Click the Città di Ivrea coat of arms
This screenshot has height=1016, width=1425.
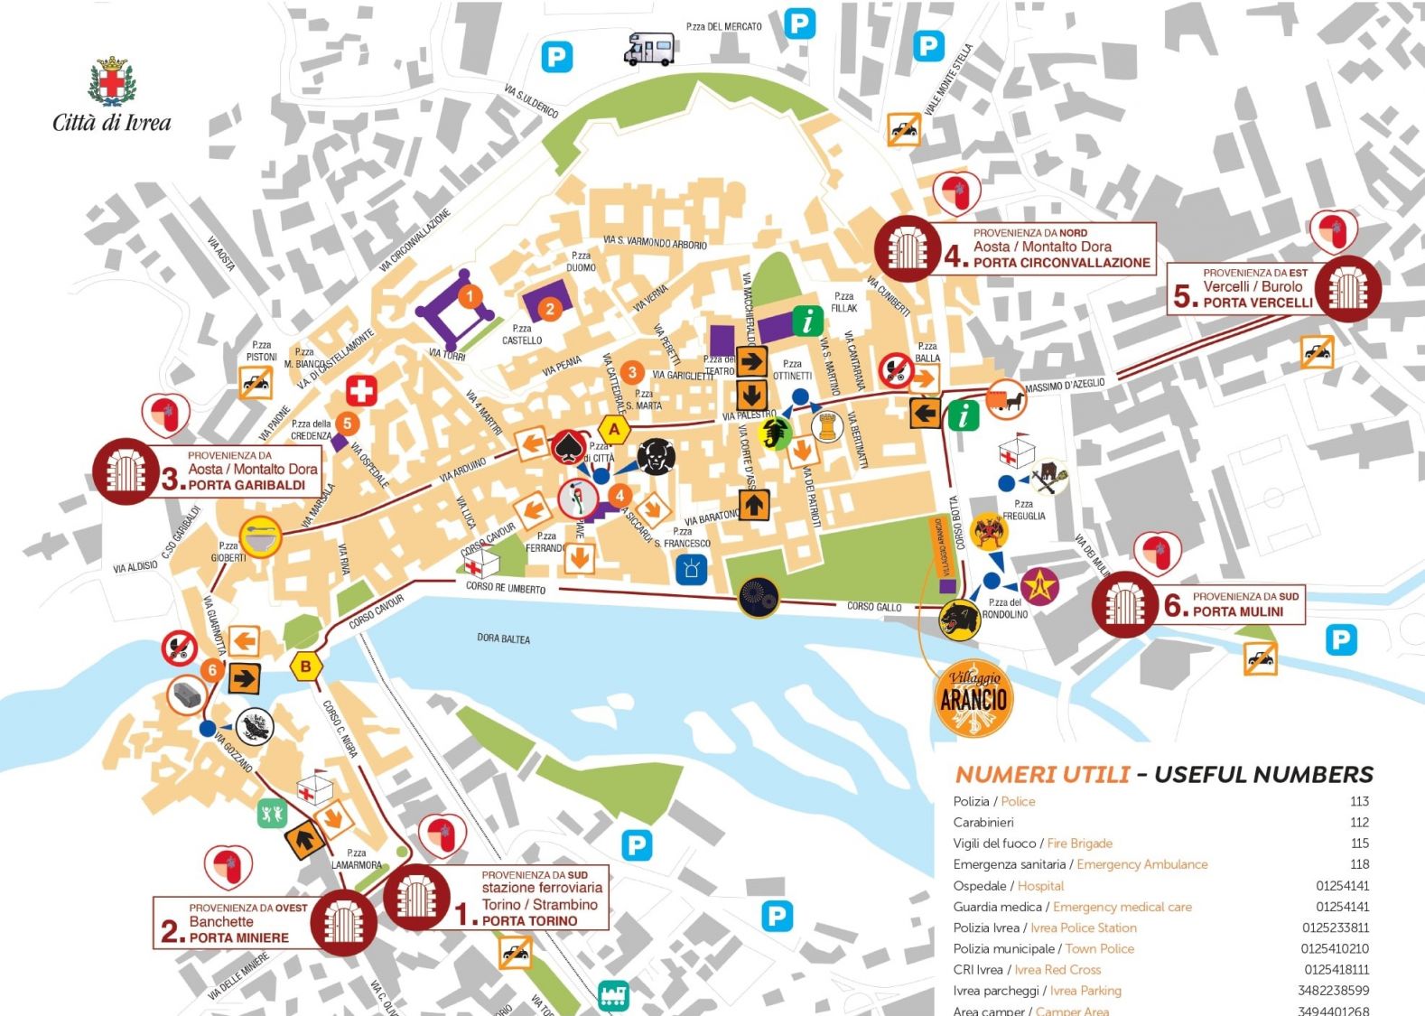112,81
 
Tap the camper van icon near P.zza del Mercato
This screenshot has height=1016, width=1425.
649,49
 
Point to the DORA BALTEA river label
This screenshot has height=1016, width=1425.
503,638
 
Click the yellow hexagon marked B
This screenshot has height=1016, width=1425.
306,666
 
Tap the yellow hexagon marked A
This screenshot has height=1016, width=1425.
615,429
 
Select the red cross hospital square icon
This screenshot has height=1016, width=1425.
361,391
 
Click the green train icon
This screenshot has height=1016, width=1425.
614,995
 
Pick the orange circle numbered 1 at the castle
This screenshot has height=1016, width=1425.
469,295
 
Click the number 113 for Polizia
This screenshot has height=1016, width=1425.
1359,801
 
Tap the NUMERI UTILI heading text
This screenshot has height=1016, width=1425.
1042,774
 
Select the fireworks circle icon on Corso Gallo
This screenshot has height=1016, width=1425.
758,596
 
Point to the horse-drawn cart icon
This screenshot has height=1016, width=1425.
1006,399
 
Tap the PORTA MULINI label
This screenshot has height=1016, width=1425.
1237,611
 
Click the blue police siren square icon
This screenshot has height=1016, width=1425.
692,568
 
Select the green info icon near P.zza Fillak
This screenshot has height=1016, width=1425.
807,320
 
